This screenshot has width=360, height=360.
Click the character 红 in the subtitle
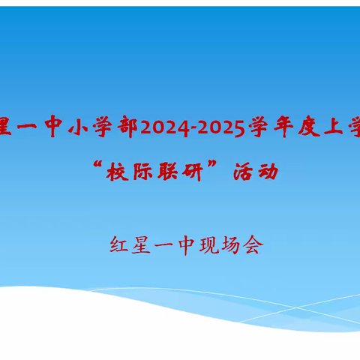(121, 245)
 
